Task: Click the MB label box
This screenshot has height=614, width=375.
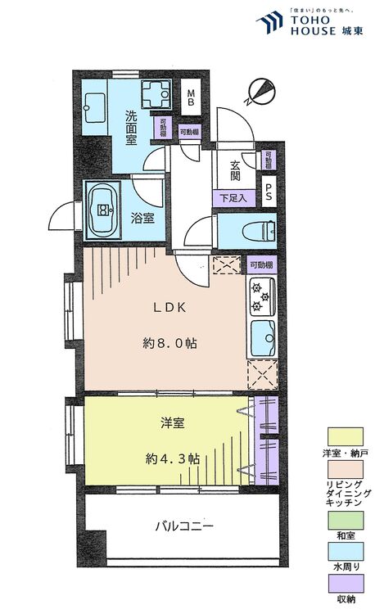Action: click(x=191, y=97)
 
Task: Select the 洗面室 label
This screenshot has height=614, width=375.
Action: click(x=135, y=127)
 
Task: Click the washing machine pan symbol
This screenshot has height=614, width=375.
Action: click(x=156, y=97)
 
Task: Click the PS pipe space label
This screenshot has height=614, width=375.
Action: click(x=269, y=189)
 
